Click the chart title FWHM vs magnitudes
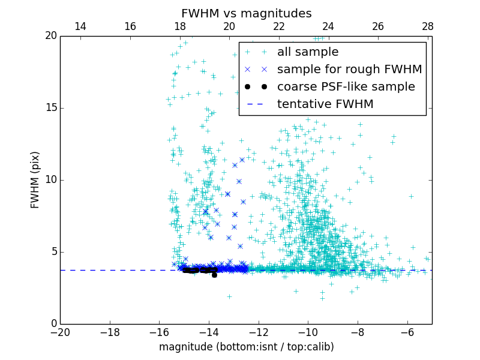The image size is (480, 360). coord(246,13)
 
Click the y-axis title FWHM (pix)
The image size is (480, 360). coord(35,179)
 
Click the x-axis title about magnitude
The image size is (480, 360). coord(246,347)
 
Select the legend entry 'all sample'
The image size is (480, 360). coord(307,52)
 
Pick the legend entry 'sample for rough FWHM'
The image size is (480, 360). coord(349,70)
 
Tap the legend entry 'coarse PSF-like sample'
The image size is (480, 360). coord(346,87)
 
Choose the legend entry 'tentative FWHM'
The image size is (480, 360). coord(325,104)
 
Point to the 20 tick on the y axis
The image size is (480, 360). coord(50,36)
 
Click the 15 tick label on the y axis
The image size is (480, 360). coord(50,108)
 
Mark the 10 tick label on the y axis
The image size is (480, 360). coord(50,180)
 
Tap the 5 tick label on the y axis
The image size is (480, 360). coord(53,252)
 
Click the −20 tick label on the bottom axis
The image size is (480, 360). coord(60,332)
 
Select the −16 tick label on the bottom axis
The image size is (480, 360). coord(159,332)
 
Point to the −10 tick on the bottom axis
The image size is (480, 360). coord(308,332)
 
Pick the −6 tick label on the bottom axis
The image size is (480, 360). coord(407,332)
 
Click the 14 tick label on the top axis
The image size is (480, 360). coord(80,26)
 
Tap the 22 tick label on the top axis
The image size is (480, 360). coord(278,26)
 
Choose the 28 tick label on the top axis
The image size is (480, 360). coord(427,26)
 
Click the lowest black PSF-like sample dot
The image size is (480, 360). coord(214,275)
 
